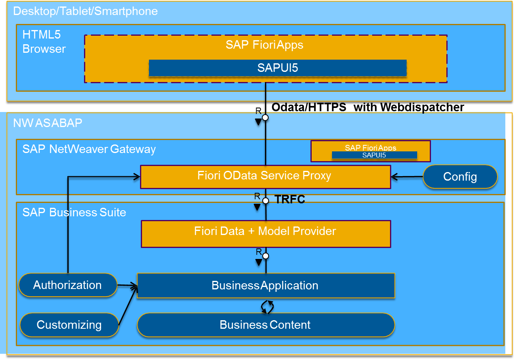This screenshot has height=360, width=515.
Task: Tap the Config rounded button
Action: tap(460, 177)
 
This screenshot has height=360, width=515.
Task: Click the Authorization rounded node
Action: tap(68, 285)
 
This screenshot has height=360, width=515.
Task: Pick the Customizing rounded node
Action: tap(69, 325)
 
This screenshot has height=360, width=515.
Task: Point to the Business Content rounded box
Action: tap(265, 325)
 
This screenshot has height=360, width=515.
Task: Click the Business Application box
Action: tap(265, 286)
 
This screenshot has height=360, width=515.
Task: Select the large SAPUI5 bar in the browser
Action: tap(278, 68)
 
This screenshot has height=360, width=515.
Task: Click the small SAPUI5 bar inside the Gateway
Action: tap(374, 155)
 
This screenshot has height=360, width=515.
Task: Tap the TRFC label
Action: tap(290, 200)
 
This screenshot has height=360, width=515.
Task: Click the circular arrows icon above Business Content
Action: tap(267, 306)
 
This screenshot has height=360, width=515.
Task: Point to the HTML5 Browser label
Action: tap(44, 42)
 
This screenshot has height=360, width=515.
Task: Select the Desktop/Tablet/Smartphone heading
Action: tap(85, 11)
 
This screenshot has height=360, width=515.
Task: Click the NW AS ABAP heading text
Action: tap(47, 123)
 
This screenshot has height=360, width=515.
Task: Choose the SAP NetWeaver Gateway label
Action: tap(89, 149)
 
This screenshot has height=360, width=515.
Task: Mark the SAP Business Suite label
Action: tap(74, 213)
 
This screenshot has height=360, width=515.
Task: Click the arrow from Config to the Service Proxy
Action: tap(407, 177)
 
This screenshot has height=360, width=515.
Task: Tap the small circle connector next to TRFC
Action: tap(265, 200)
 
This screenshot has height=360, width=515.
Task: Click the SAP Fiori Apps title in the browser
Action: tap(264, 45)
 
